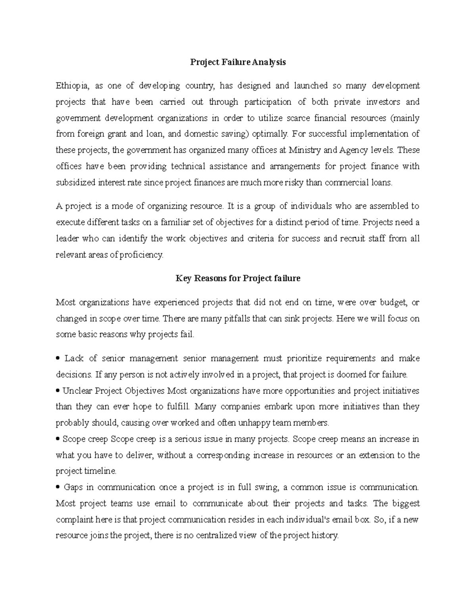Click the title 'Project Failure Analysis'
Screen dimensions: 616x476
(x=238, y=62)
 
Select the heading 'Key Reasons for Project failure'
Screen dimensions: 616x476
(x=238, y=278)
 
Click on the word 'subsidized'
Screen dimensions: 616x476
(x=75, y=183)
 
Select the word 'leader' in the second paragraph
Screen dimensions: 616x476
(x=67, y=239)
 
